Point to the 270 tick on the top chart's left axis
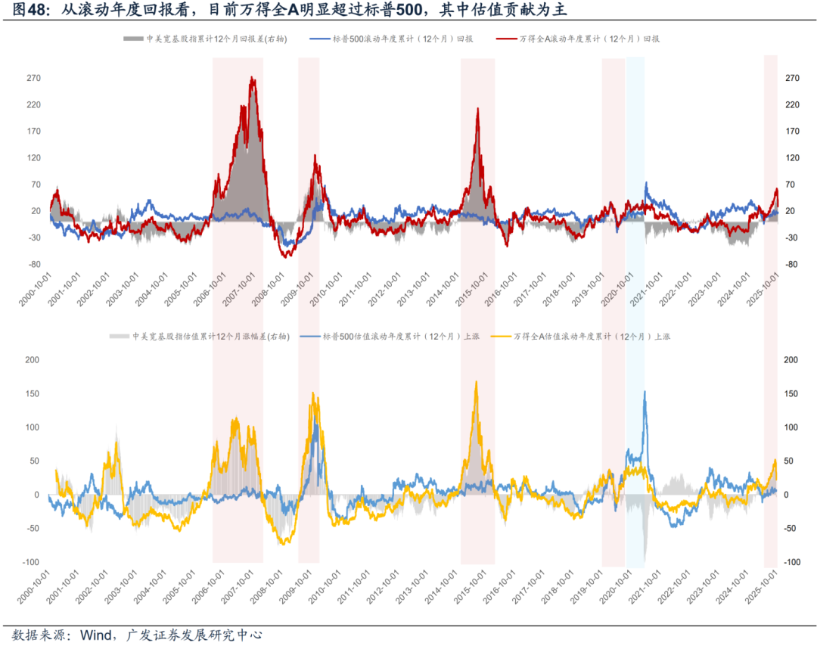tap(33, 78)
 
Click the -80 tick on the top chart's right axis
tap(793, 264)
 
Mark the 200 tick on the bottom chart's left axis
tap(32, 359)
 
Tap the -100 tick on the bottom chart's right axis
tap(791, 562)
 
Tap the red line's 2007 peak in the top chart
tap(252, 78)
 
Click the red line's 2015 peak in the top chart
tap(478, 109)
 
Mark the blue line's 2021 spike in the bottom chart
tap(645, 392)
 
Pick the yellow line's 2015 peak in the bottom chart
tap(476, 382)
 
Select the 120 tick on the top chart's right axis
tap(793, 157)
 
